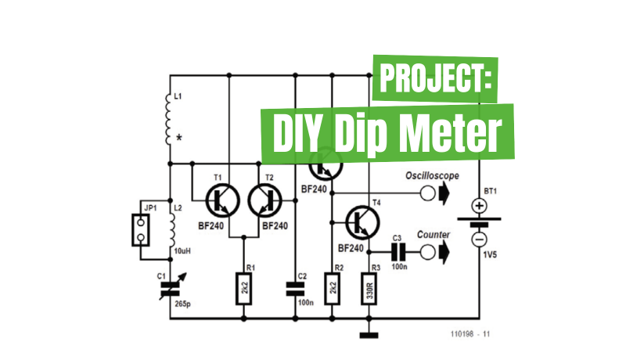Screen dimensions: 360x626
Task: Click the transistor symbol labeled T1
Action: pyautogui.click(x=221, y=201)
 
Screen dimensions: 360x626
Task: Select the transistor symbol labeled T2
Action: pyautogui.click(x=264, y=201)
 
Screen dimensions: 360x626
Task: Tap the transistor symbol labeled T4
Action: pyautogui.click(x=362, y=222)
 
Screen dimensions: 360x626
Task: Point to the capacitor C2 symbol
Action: pyautogui.click(x=296, y=287)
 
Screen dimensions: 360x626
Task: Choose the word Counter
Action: pyautogui.click(x=433, y=234)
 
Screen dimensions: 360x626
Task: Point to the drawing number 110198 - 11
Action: pyautogui.click(x=469, y=334)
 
